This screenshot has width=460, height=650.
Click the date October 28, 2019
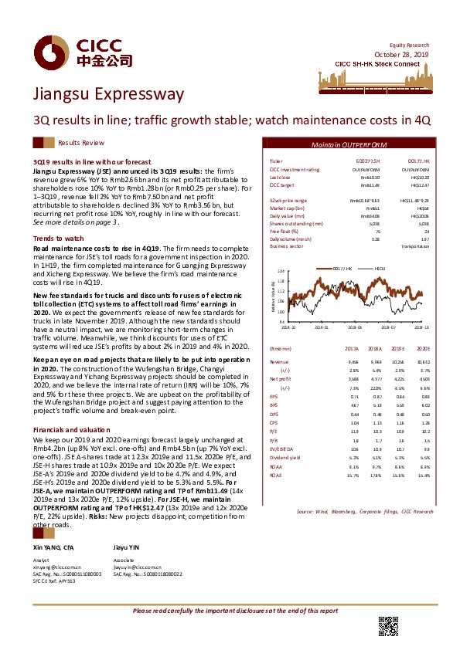tap(404, 53)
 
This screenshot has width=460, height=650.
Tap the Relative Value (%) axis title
tap(274, 297)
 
